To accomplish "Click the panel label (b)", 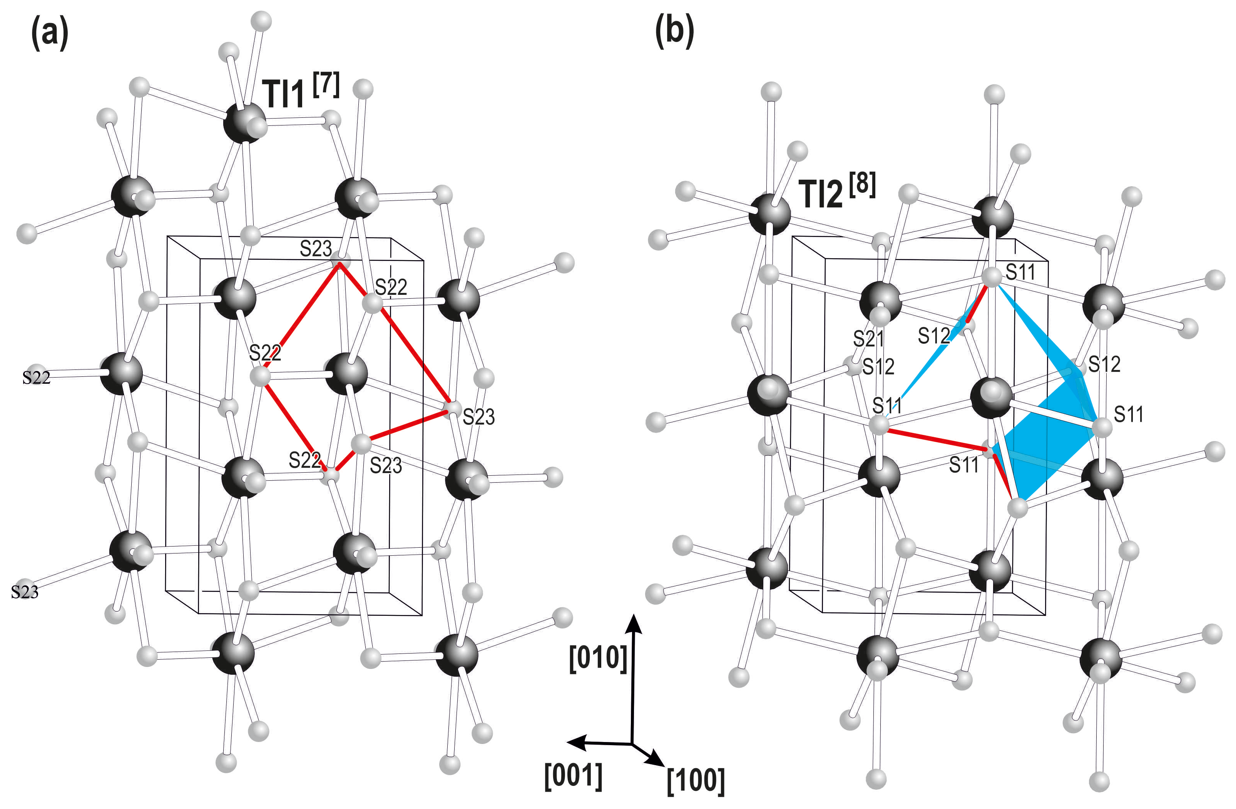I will pyautogui.click(x=674, y=31).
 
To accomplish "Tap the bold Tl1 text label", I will pyautogui.click(x=284, y=95).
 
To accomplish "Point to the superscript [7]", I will pyautogui.click(x=326, y=85).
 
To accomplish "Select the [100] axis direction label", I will pyautogui.click(x=696, y=781).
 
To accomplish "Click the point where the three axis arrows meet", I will pyautogui.click(x=632, y=744).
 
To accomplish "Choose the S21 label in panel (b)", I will pyautogui.click(x=868, y=339).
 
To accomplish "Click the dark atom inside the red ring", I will pyautogui.click(x=346, y=373).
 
